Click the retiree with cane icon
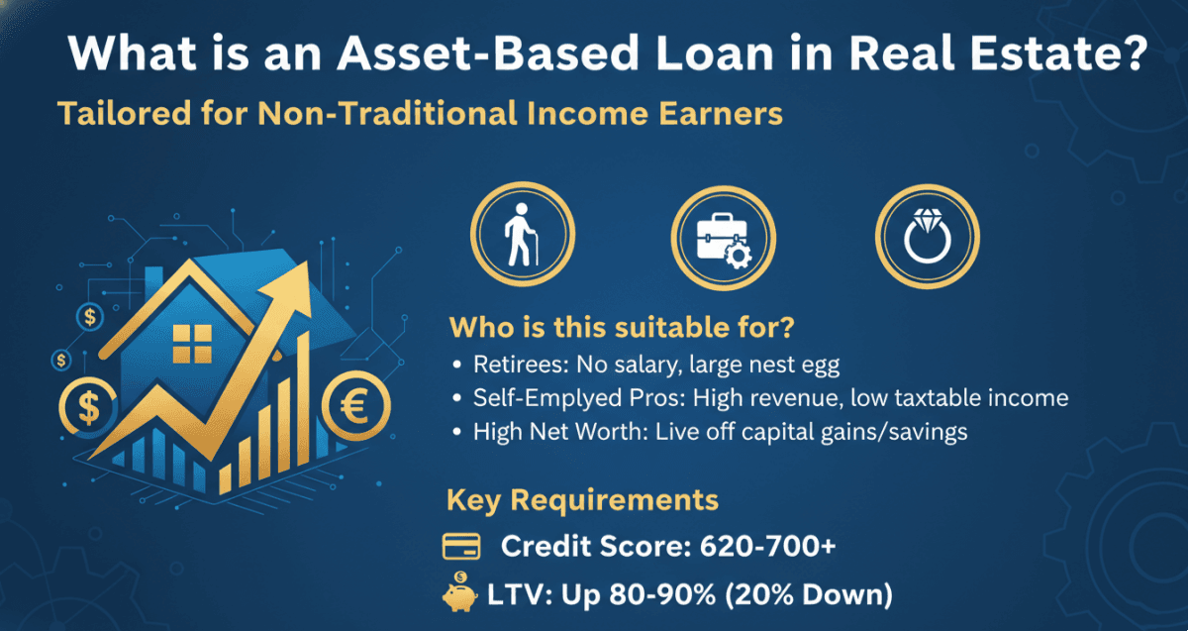click(521, 234)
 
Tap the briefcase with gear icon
click(724, 240)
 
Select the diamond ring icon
click(927, 236)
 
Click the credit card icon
click(461, 547)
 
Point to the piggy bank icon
click(459, 592)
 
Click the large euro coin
click(355, 406)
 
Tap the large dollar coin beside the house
click(88, 407)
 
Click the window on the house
click(192, 344)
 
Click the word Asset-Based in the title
click(488, 53)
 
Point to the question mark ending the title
click(1135, 53)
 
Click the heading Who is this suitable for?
click(622, 327)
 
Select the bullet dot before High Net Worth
click(457, 432)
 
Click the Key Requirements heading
click(582, 500)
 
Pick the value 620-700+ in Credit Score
click(767, 546)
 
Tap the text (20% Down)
click(808, 594)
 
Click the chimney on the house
click(153, 281)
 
